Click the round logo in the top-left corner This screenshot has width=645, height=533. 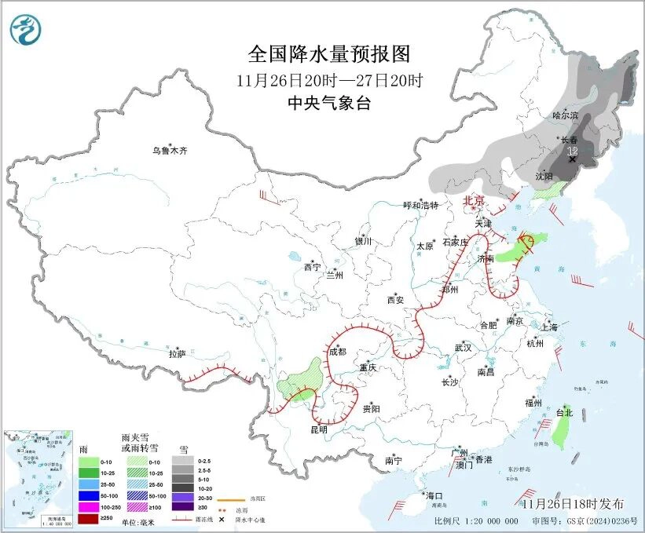tap(26, 29)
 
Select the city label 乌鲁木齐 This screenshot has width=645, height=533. tap(170, 150)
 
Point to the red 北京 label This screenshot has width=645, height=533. tap(475, 200)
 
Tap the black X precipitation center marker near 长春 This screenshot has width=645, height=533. tap(572, 159)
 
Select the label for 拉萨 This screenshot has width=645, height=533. tap(178, 354)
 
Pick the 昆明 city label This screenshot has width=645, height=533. tap(318, 430)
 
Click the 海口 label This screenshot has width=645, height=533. tap(434, 495)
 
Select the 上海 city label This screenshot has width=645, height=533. tap(549, 327)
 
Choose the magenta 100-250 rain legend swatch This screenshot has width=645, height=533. tap(88, 506)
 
